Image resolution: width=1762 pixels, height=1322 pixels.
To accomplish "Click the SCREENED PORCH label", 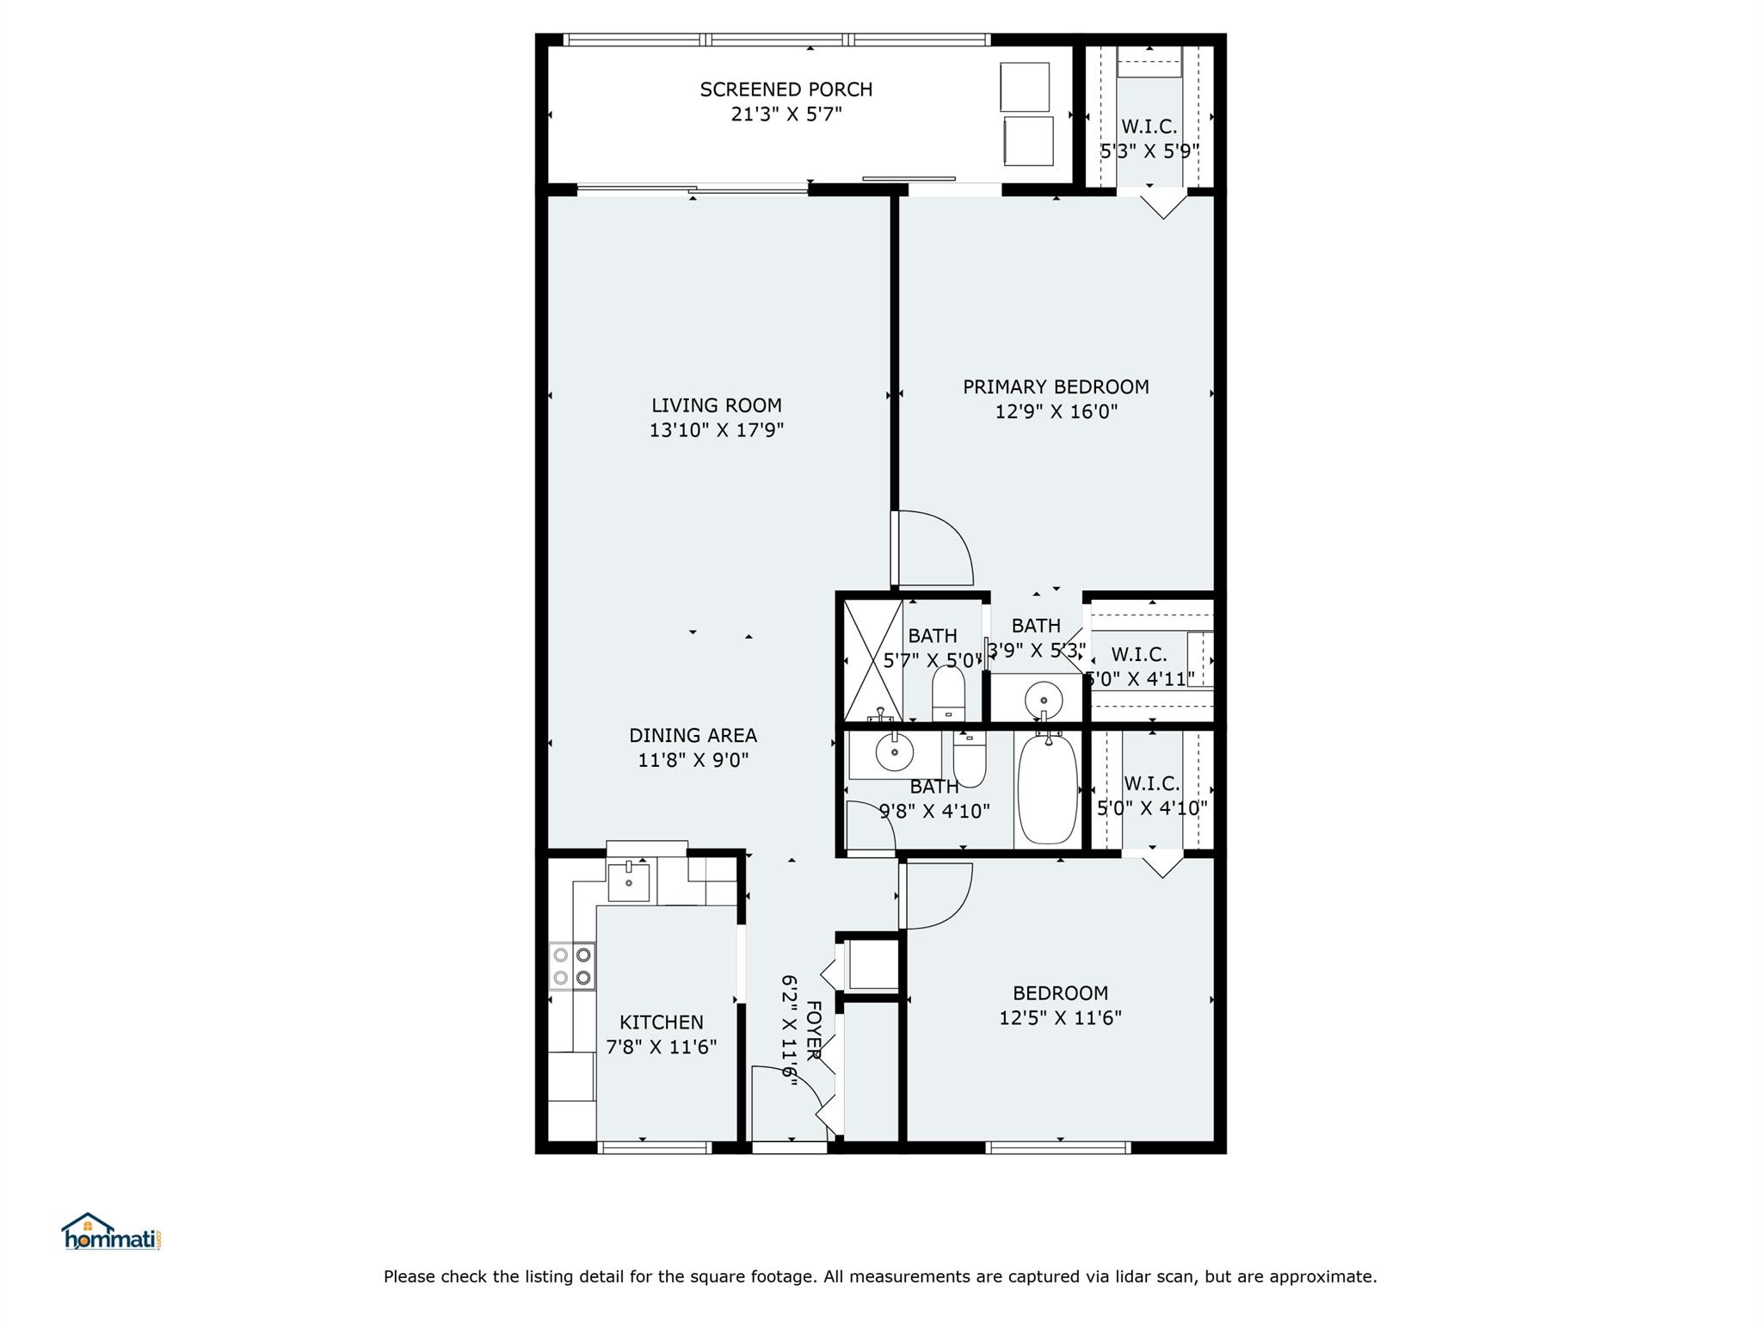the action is pyautogui.click(x=786, y=90).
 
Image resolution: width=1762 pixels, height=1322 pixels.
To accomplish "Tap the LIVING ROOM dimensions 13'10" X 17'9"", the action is pyautogui.click(x=717, y=429).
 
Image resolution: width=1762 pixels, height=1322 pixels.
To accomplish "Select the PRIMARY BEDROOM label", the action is pyautogui.click(x=1056, y=387).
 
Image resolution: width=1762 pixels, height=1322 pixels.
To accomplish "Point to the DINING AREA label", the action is pyautogui.click(x=693, y=736).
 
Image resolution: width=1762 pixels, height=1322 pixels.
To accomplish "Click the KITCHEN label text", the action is pyautogui.click(x=662, y=1022).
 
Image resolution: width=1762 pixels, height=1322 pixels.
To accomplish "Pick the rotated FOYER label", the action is pyautogui.click(x=814, y=1030).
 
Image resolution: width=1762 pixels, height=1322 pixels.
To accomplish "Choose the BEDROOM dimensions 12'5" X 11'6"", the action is pyautogui.click(x=1060, y=1018).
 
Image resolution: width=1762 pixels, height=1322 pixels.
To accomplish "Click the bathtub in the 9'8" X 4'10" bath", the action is pyautogui.click(x=1047, y=788).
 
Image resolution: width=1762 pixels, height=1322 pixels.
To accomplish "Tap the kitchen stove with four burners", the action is pyautogui.click(x=572, y=966).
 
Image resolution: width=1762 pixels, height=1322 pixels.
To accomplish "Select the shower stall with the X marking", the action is pyautogui.click(x=872, y=660).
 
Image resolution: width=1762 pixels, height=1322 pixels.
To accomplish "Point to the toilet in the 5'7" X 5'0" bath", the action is pyautogui.click(x=948, y=693).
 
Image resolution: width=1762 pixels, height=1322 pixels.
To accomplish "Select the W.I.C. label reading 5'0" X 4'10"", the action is pyautogui.click(x=1152, y=796).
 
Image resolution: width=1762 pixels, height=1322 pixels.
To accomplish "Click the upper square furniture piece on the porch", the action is pyautogui.click(x=1025, y=87).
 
